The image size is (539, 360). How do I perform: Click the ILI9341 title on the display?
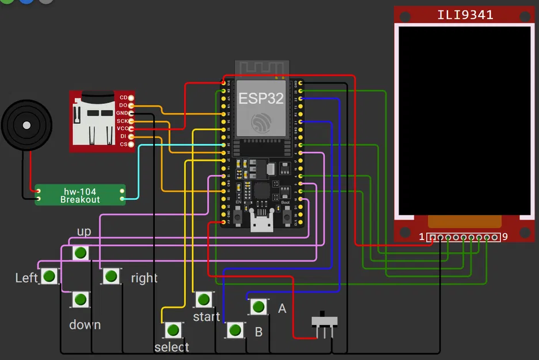coord(465,15)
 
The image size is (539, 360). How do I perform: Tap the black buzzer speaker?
coord(26,125)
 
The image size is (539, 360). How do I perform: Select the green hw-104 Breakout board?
coord(80,195)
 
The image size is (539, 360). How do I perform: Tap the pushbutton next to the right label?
coord(111,276)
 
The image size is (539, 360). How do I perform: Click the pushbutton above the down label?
coord(81,300)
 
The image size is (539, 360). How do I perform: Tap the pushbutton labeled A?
coord(259,306)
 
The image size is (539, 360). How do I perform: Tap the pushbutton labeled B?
coord(234,330)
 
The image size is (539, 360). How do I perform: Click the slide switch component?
coord(324,323)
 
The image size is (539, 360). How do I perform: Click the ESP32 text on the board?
coord(261,98)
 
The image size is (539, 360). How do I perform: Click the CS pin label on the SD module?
coord(123,144)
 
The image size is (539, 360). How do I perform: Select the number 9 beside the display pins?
coord(505,237)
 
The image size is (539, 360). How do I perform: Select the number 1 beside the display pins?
coord(422,237)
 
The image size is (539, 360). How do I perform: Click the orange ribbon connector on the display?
coord(464,222)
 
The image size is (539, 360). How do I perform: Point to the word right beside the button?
coord(144,278)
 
